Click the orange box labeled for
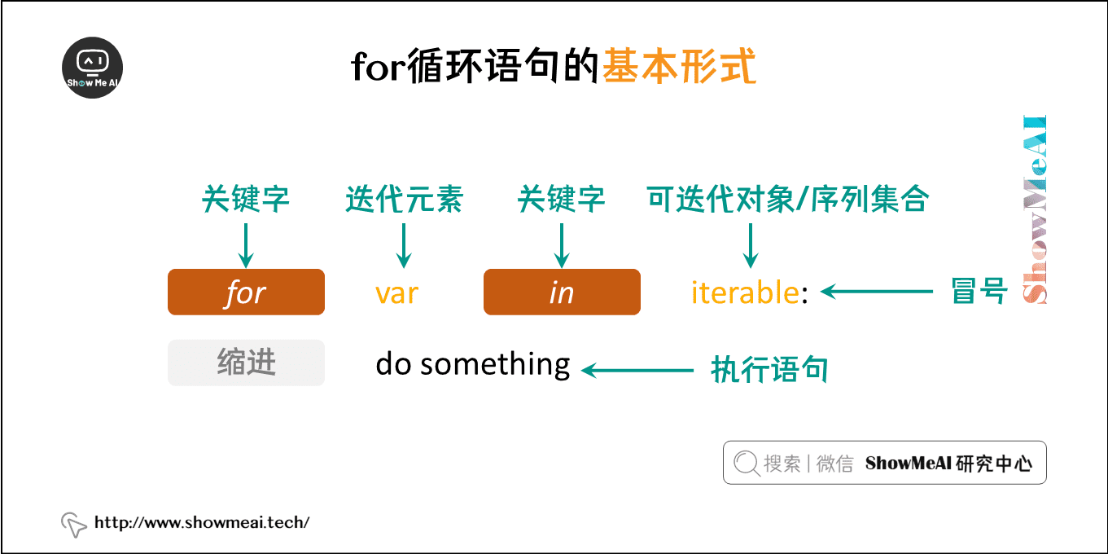pos(246,292)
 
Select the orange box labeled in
pos(562,292)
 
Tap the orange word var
pos(396,292)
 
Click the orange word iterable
pos(744,292)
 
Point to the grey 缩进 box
pos(246,363)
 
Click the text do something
pos(472,363)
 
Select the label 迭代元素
pos(404,200)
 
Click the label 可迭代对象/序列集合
pos(787,200)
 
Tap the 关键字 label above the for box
pos(246,200)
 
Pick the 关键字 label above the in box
pos(562,200)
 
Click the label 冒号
pos(979,291)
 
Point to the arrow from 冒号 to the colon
pos(876,291)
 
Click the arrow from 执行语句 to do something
pos(637,371)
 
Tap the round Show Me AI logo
pos(93,68)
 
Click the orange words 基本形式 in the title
pos(679,68)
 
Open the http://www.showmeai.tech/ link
pos(202,522)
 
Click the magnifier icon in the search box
pos(746,463)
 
